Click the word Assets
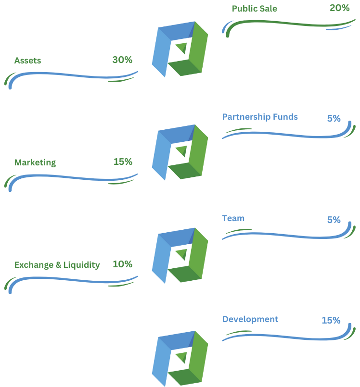point(27,61)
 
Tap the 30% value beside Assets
point(122,60)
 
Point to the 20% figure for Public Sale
point(340,8)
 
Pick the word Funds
point(285,117)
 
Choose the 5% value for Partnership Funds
point(334,118)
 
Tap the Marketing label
point(35,162)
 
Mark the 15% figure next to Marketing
point(123,162)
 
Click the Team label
point(233,218)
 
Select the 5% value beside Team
point(334,220)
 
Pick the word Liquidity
point(81,264)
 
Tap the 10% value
point(122,264)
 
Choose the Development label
point(250,319)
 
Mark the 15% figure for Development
point(331,320)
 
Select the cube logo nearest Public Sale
point(180,49)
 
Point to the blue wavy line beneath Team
point(289,236)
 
